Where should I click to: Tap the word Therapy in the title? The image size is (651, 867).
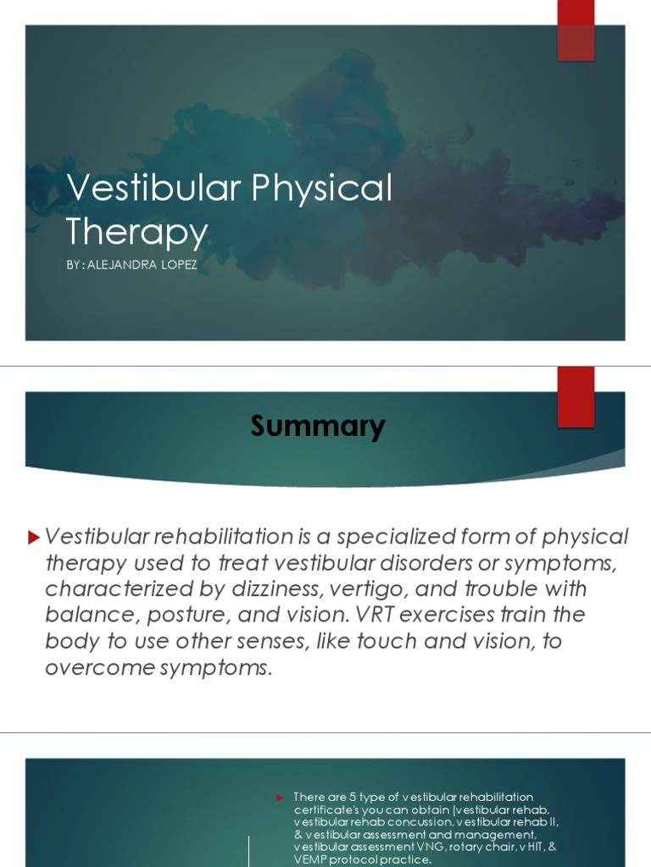tap(136, 231)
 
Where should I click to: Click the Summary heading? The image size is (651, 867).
tap(318, 426)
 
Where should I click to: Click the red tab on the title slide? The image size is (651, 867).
tap(576, 30)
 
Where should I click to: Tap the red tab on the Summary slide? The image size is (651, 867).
tap(576, 397)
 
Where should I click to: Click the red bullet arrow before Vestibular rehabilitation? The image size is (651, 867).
tap(34, 537)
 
